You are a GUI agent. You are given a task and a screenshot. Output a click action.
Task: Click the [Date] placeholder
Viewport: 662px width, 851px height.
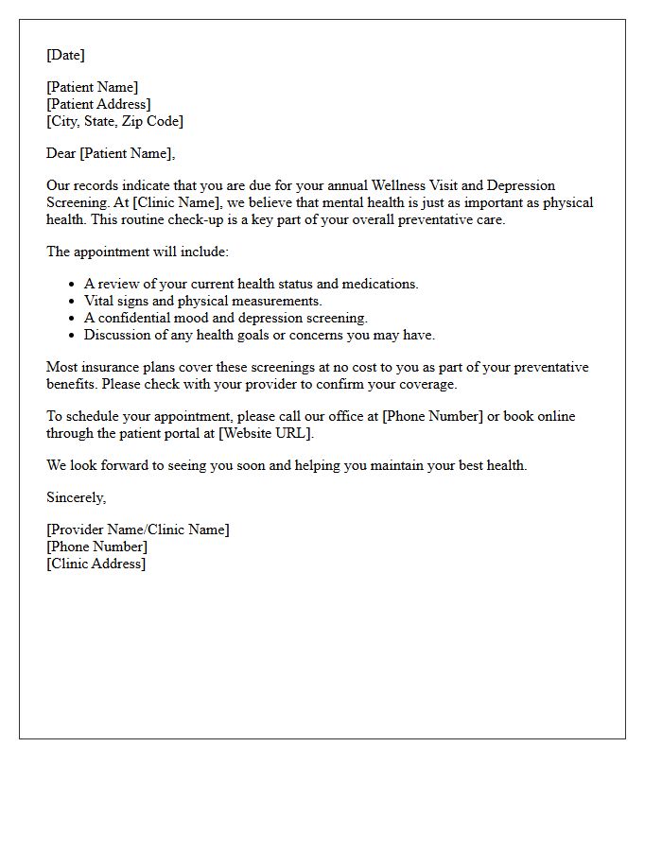tap(65, 55)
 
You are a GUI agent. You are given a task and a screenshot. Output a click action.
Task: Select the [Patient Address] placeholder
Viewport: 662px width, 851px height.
tap(98, 104)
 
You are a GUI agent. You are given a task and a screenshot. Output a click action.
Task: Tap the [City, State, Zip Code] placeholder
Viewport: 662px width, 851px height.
tap(114, 121)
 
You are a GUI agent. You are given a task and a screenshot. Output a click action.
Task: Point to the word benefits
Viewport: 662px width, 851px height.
tap(72, 384)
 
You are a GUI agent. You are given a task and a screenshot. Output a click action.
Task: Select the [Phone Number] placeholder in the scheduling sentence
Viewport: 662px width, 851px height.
tap(432, 416)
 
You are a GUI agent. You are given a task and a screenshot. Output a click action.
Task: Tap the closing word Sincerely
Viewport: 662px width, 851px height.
tap(76, 497)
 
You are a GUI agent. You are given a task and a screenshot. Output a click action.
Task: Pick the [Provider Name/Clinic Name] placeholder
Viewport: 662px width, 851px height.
tap(137, 530)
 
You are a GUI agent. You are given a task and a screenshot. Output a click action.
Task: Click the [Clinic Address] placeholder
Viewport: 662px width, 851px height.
tap(96, 564)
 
